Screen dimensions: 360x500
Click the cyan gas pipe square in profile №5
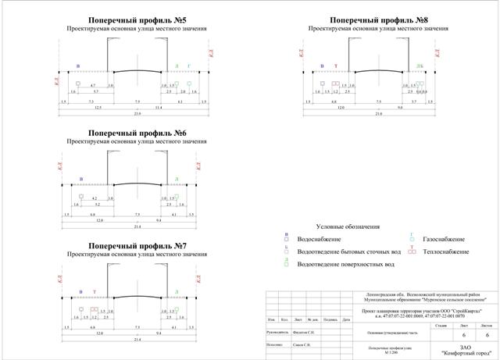pos(189,82)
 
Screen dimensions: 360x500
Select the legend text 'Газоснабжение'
pos(443,239)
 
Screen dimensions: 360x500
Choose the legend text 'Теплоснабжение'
pos(446,252)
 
